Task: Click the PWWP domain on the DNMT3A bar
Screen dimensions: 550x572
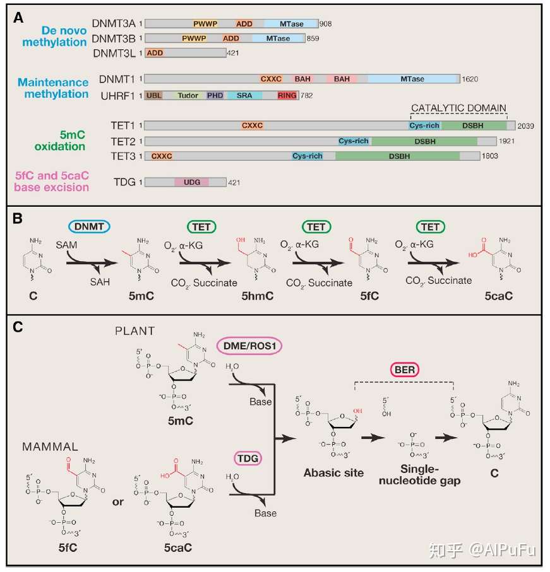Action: [205, 24]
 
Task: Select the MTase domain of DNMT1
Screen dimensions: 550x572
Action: [413, 79]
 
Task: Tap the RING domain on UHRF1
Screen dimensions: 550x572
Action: [287, 96]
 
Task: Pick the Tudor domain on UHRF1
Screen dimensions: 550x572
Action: [188, 96]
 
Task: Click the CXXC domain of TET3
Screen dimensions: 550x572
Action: [162, 156]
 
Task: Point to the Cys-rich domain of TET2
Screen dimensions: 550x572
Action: [354, 141]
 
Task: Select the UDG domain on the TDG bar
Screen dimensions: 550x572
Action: [192, 182]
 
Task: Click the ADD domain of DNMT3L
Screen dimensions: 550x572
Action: [155, 53]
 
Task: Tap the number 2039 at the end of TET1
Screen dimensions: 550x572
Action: [525, 126]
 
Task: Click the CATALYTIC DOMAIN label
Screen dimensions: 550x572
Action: [458, 108]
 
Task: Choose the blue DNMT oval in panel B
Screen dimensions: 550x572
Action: [89, 226]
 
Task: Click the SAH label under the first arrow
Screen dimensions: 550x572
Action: [100, 282]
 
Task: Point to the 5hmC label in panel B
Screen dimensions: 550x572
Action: [258, 296]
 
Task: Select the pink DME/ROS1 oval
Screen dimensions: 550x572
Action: [249, 346]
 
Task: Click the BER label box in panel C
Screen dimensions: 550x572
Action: [405, 370]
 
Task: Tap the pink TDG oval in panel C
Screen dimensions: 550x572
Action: [248, 458]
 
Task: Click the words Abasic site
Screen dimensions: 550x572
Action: [334, 473]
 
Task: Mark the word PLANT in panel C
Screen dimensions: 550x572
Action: [135, 331]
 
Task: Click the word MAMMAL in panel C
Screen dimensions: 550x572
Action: [50, 447]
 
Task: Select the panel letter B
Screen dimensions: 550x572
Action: [18, 218]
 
